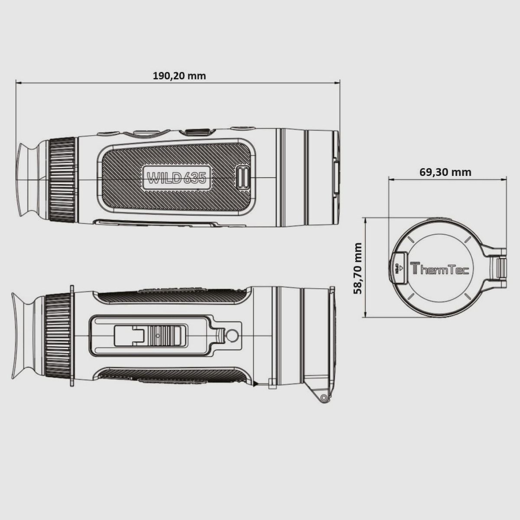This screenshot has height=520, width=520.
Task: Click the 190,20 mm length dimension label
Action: click(x=179, y=76)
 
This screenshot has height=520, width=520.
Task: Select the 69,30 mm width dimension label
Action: click(x=445, y=172)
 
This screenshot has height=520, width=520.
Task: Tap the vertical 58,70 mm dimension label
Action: click(x=358, y=268)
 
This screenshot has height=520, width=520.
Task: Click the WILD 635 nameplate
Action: click(x=176, y=178)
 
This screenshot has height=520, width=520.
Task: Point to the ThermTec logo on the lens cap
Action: click(x=439, y=269)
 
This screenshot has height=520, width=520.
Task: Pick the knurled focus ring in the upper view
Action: click(x=62, y=179)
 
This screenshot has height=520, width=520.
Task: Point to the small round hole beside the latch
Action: click(x=231, y=335)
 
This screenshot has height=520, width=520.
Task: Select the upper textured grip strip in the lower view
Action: click(x=173, y=296)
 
